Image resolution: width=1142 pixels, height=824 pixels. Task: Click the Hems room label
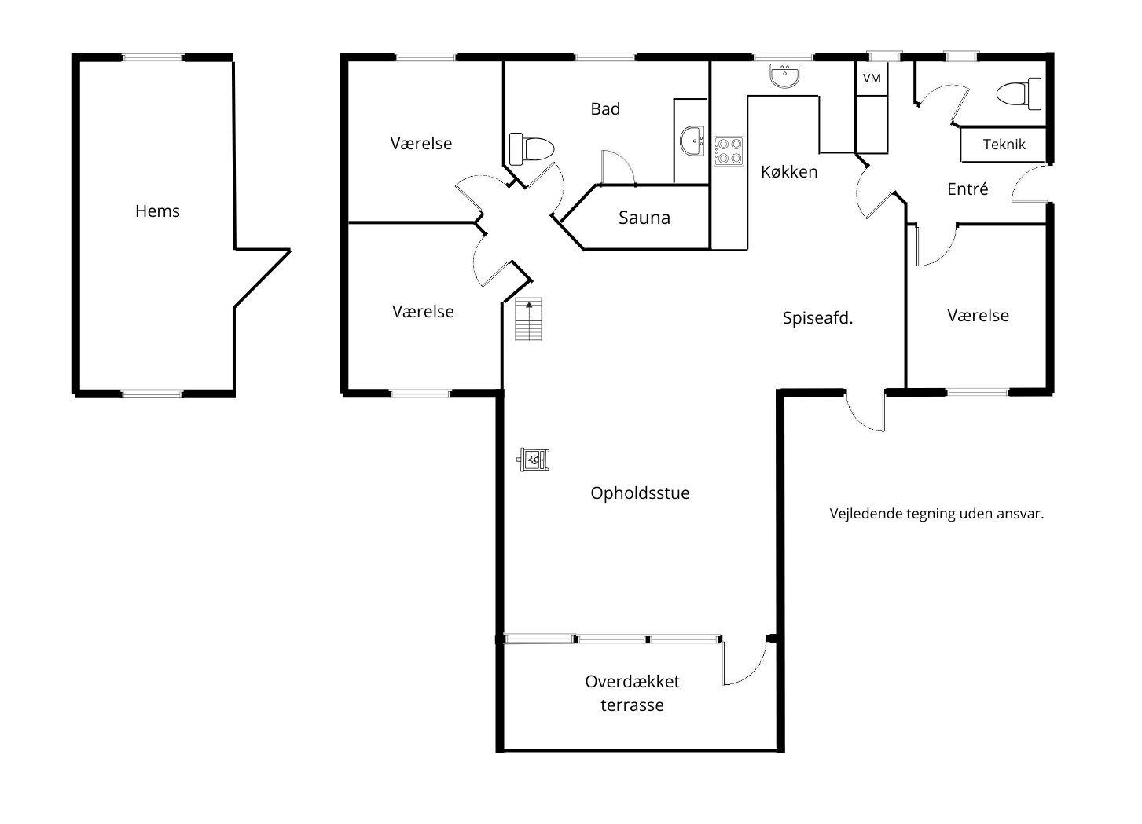[157, 211]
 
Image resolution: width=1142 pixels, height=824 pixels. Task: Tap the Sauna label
[644, 218]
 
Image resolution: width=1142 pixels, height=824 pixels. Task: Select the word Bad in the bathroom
[605, 108]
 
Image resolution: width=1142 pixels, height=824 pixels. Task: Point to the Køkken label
[788, 172]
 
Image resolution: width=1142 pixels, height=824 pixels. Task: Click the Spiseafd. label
[817, 318]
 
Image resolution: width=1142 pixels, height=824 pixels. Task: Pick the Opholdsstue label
[640, 493]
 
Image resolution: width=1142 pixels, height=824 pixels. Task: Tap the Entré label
[968, 189]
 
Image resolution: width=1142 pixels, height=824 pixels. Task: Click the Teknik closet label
[1004, 145]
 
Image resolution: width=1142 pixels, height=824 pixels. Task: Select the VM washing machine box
[872, 78]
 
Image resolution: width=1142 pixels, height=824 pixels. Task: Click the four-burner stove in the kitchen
[729, 152]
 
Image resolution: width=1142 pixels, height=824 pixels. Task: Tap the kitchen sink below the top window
[784, 75]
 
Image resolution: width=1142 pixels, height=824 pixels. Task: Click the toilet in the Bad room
[531, 148]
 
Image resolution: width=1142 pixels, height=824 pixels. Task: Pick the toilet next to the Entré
[1019, 93]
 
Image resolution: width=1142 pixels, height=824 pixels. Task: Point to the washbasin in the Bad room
[692, 141]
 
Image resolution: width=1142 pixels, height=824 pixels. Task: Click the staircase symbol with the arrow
[528, 319]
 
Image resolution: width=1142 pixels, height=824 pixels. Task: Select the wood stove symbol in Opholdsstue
[534, 460]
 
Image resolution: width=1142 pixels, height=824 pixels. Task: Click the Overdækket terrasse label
[632, 693]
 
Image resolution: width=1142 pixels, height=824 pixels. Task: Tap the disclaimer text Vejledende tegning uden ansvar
[937, 514]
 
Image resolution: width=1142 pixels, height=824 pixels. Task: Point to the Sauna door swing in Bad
[618, 167]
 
